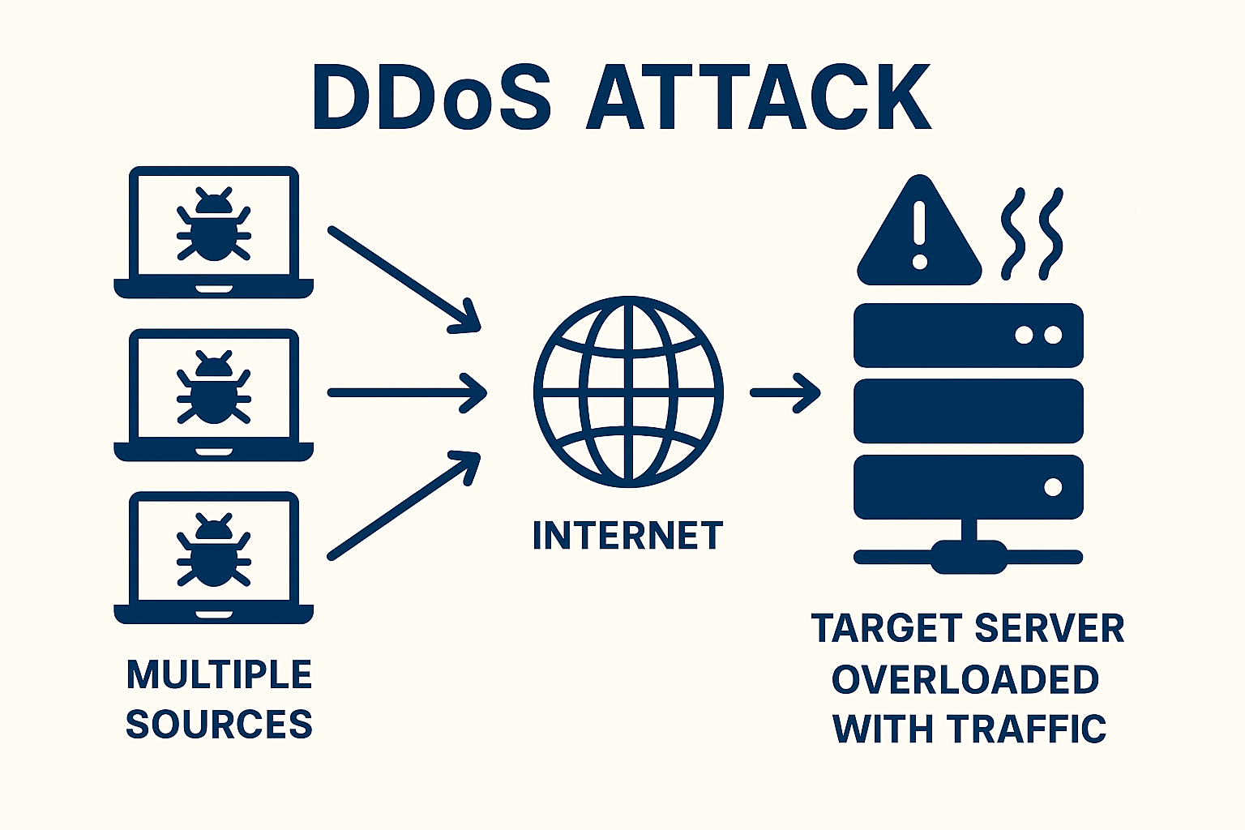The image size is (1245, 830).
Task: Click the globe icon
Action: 628,391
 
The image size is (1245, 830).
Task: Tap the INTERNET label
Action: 627,536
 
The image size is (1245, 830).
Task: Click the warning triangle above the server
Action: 919,235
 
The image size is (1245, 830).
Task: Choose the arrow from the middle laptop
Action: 405,392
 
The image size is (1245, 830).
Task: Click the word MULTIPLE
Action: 219,675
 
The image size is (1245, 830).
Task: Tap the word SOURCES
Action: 219,724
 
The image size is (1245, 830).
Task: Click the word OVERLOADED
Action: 965,679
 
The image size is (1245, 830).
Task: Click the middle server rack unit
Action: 969,411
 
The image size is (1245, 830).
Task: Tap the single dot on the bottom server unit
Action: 1053,487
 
